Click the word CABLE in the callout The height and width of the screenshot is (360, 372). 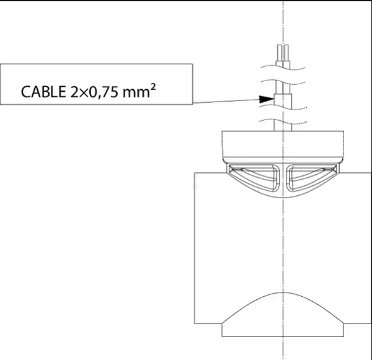(43, 92)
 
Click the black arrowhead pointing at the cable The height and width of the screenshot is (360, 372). (267, 99)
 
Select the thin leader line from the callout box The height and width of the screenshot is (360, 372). (226, 101)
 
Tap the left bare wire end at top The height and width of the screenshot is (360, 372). (280, 53)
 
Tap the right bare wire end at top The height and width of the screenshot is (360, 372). (286, 53)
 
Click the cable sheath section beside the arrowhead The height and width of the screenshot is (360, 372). (283, 100)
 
